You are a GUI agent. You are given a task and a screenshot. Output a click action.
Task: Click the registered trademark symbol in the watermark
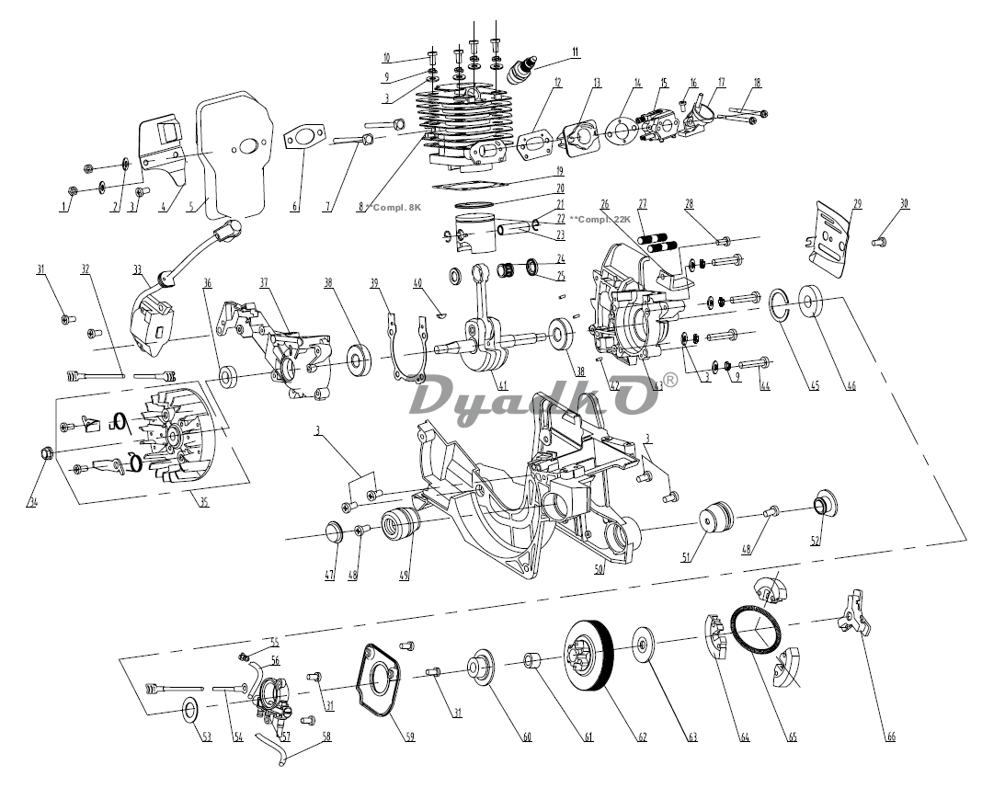671,378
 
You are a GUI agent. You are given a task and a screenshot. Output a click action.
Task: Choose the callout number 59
410,736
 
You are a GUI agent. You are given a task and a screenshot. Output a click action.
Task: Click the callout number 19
559,171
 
